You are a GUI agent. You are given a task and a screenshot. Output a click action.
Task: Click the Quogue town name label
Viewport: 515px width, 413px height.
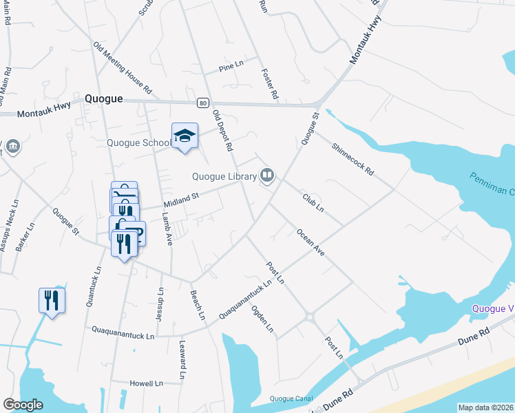tap(103, 99)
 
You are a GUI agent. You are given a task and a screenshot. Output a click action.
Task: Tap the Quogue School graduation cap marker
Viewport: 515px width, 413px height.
tap(185, 136)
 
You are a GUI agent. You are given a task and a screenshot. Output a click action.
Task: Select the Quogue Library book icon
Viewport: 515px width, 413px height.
tap(266, 177)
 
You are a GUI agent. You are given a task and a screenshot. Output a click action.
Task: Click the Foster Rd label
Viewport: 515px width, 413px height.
tap(269, 84)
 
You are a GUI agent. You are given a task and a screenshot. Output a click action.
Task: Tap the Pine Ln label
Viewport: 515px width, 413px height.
tap(231, 67)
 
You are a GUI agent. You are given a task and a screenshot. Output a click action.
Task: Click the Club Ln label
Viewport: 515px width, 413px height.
tap(313, 202)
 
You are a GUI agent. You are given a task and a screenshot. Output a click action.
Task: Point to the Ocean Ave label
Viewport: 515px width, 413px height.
tap(311, 243)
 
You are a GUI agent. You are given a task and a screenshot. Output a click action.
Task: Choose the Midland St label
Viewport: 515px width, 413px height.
tap(181, 200)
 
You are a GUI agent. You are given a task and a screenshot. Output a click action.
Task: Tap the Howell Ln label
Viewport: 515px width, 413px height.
tap(147, 383)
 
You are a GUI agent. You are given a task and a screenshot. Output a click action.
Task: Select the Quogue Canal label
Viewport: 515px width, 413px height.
tap(291, 399)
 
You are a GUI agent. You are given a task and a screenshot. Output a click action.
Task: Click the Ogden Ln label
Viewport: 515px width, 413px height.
tap(263, 319)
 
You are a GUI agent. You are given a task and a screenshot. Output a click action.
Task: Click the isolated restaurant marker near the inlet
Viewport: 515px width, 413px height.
tap(52, 301)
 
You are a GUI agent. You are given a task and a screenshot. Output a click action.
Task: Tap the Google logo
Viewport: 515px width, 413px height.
tap(23, 405)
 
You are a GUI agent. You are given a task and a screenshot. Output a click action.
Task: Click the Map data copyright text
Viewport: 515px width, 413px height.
tap(485, 407)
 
